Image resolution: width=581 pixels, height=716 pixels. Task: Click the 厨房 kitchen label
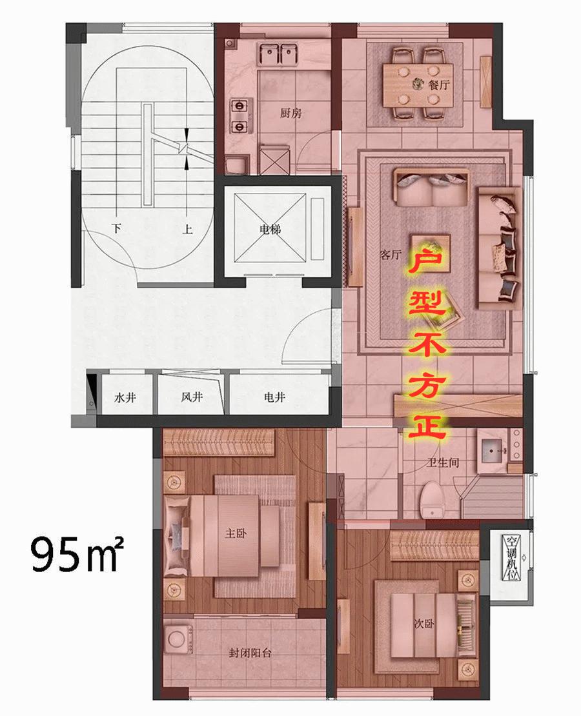pos(290,113)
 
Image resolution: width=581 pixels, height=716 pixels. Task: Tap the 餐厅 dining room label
pos(439,85)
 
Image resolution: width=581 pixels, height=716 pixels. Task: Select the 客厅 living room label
pos(391,254)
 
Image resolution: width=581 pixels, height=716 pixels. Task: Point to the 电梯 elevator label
pos(270,229)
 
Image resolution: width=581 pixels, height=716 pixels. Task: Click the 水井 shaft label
pos(125,397)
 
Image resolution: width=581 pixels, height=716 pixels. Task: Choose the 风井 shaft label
pos(192,397)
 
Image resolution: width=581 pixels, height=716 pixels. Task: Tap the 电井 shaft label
pos(274,397)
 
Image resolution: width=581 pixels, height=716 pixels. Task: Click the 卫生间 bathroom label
pos(442,462)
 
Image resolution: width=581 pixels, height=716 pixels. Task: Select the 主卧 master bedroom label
pos(236,533)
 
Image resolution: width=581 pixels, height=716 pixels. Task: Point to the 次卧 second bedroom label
pos(423,623)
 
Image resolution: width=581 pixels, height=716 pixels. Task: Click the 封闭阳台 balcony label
pos(250,653)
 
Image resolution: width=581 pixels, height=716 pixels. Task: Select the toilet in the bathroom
pos(433,499)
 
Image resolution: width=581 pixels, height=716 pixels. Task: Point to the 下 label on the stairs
pos(117,228)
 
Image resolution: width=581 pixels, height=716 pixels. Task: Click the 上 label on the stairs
pos(187,229)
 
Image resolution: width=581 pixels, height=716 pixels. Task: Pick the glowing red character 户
pos(427,259)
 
